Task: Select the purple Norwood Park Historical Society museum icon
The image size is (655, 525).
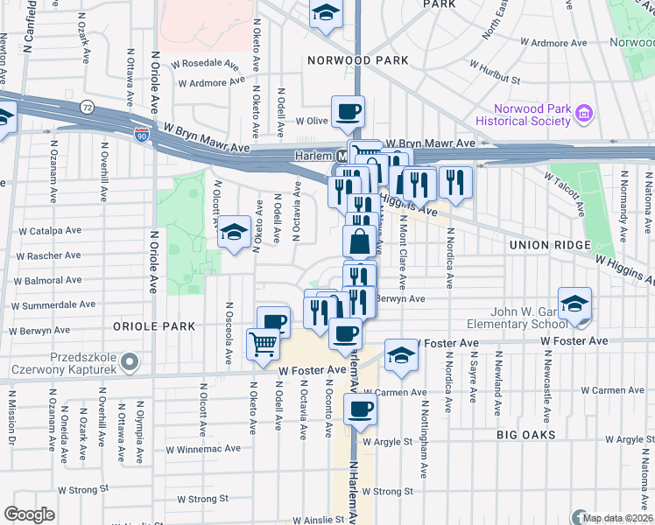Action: click(586, 113)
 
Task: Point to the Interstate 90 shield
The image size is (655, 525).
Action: click(142, 135)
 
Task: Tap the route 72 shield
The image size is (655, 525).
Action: click(87, 107)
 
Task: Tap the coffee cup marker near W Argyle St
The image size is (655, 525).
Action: click(360, 409)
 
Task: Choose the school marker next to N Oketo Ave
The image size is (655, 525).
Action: click(234, 232)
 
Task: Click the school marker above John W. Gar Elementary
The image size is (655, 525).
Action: click(574, 303)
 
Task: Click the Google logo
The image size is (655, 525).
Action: click(30, 514)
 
